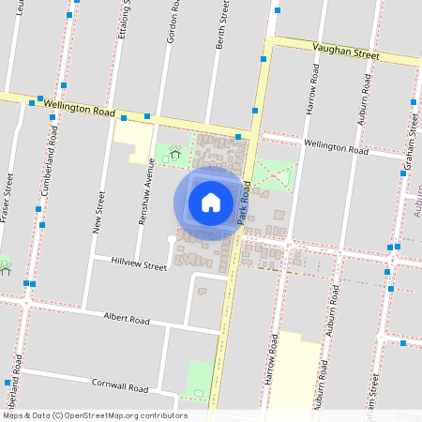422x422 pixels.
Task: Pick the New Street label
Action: click(97, 212)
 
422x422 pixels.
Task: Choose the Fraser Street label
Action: click(7, 198)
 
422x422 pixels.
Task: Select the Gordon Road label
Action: click(173, 21)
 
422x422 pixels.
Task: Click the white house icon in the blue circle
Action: click(211, 203)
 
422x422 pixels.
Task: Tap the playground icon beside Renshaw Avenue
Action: click(174, 155)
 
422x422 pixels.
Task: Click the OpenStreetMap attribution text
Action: click(94, 415)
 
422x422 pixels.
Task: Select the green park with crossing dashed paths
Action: click(273, 174)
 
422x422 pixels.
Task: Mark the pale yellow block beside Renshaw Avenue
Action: click(132, 141)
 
